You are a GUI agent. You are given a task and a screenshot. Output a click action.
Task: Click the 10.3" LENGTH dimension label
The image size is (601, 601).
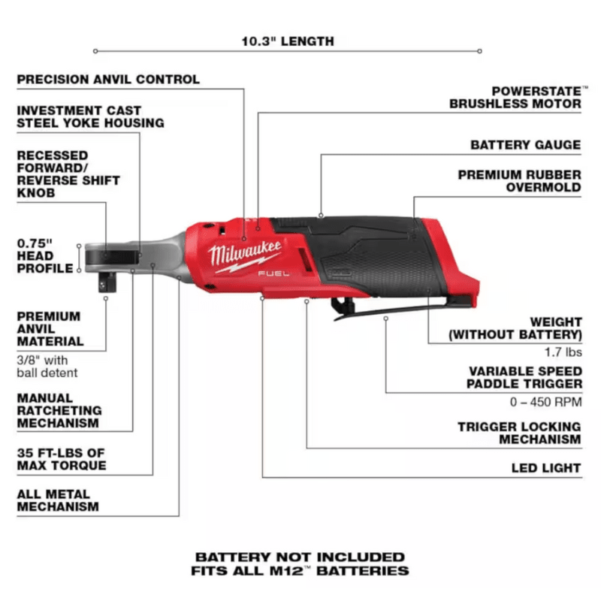[x=288, y=41]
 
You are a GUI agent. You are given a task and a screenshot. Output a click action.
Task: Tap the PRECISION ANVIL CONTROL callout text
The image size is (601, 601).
[x=108, y=79]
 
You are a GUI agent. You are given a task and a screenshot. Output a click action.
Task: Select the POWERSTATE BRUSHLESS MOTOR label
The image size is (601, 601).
[x=515, y=98]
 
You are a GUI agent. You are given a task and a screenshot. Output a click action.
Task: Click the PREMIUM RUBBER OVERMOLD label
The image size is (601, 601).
[x=519, y=181]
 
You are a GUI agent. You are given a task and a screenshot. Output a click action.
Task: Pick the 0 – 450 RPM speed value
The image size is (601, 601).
[x=545, y=401]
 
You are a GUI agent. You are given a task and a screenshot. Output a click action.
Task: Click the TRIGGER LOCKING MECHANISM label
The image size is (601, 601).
[x=519, y=433]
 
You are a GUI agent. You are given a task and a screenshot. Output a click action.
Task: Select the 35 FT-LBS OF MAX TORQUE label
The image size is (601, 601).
[x=62, y=458]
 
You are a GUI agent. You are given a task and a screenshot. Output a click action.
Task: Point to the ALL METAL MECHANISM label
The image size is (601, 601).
[x=58, y=500]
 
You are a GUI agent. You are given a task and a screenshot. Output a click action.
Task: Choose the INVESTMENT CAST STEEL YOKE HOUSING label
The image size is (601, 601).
[x=90, y=116]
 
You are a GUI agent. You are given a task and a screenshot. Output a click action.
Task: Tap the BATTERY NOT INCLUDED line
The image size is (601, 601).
[x=300, y=557]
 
